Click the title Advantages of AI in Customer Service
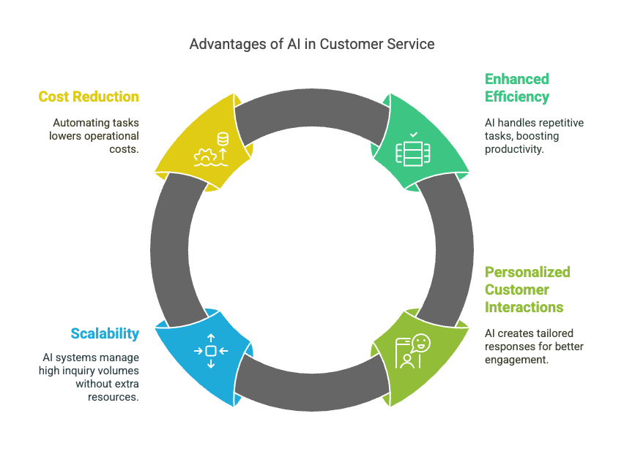tap(311, 44)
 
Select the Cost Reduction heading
tap(89, 97)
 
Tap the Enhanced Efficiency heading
tap(516, 88)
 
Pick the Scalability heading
tap(105, 333)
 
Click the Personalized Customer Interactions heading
tap(527, 290)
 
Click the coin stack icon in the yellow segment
tap(223, 139)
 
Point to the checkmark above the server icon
tap(414, 135)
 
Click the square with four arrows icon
tap(211, 351)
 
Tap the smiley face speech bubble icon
tap(420, 343)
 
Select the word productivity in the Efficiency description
tap(513, 149)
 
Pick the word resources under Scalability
tap(114, 397)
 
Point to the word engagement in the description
tap(516, 360)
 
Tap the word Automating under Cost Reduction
tap(76, 123)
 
